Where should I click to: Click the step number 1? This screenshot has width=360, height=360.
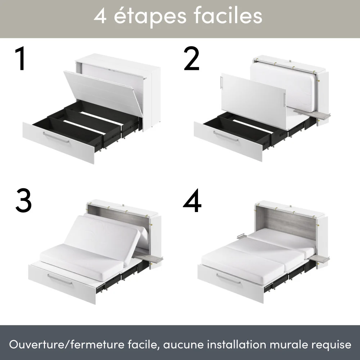(x=21, y=59)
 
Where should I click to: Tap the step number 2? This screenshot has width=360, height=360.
(x=191, y=59)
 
